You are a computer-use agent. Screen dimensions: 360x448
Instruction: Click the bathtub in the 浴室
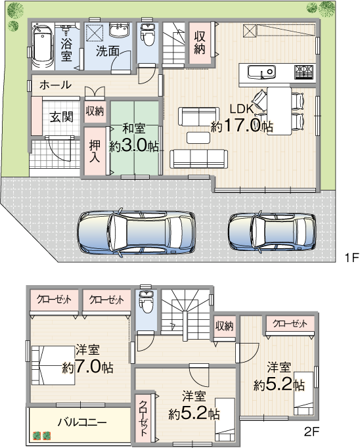pos(43,47)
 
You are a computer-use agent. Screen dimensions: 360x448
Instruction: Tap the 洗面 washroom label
pos(108,51)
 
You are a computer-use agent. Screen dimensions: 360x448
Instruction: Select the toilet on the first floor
pos(147,35)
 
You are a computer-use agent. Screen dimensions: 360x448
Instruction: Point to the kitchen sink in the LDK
pos(261,72)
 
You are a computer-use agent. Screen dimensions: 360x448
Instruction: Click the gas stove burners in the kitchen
pos(304,72)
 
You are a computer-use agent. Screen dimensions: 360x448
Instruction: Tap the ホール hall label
pos(55,85)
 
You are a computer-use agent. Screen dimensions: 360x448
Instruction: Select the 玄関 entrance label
pos(62,117)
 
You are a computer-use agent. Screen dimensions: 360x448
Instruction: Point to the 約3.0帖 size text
pos(134,146)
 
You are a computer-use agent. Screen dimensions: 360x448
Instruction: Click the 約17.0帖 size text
pos(242,125)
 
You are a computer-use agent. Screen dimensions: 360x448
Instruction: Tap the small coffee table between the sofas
pos(198,137)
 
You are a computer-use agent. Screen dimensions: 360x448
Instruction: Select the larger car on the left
pos(136,233)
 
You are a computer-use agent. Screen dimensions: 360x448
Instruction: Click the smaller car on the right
pos(272,232)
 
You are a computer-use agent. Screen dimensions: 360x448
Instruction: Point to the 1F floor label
pos(351,258)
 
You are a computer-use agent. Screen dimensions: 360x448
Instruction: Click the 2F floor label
pos(311,432)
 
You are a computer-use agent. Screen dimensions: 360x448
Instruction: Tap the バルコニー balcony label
pos(82,422)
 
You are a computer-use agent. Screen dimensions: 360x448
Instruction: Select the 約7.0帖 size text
pos(88,367)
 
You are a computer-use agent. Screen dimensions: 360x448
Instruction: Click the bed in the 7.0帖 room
pos(53,365)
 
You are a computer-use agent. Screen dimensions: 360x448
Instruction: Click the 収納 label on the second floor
pos(224,325)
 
